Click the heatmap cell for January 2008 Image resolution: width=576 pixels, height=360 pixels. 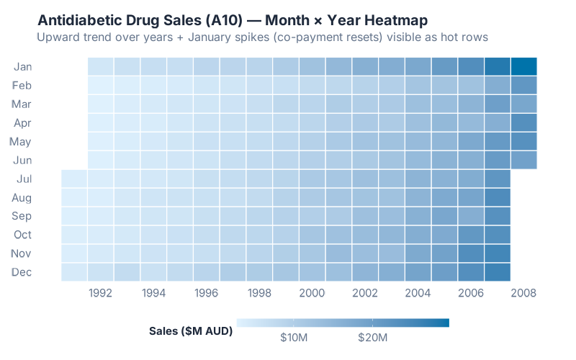[523, 66]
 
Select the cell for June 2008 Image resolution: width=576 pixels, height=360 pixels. [523, 160]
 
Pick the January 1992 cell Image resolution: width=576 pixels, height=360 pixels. [101, 66]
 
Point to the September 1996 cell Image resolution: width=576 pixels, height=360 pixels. [207, 216]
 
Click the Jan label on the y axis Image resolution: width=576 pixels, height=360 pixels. [22, 67]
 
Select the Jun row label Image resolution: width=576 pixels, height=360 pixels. [22, 161]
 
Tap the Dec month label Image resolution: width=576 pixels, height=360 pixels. [22, 272]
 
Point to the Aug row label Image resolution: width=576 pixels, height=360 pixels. [22, 197]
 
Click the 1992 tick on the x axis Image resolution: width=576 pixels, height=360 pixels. [101, 293]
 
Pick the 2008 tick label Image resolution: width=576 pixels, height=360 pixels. [523, 293]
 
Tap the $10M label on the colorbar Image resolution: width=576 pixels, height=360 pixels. [294, 338]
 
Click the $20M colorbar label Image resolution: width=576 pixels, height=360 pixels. [373, 338]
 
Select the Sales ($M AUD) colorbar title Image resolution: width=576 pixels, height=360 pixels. [190, 331]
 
